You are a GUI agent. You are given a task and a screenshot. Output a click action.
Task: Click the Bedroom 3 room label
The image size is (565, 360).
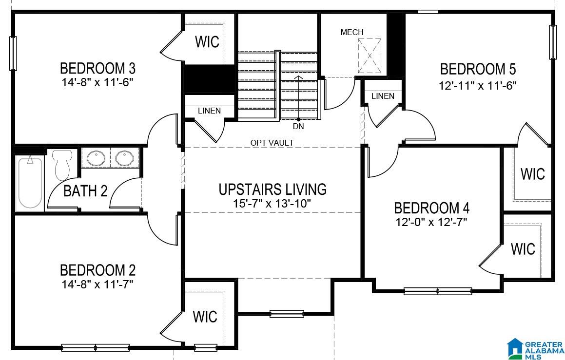[97, 68]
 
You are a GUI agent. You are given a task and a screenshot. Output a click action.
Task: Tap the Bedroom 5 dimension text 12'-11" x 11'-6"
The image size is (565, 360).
[478, 86]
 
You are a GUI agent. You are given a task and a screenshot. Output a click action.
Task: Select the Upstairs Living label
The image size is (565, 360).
[273, 189]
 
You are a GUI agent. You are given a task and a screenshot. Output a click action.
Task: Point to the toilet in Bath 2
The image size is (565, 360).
[62, 165]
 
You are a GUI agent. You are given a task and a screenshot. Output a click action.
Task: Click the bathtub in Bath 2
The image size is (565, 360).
[30, 183]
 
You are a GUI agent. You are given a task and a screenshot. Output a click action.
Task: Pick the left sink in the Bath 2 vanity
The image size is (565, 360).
[96, 158]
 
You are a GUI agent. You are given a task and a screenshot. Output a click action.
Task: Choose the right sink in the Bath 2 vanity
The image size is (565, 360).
[125, 158]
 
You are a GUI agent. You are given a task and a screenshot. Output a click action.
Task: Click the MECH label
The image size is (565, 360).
[352, 33]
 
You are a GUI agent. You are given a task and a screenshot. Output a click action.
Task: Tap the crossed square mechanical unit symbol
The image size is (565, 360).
[370, 56]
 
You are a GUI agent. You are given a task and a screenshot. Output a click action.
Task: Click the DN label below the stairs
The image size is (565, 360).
[298, 126]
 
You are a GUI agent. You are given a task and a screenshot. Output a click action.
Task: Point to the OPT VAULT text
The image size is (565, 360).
[272, 143]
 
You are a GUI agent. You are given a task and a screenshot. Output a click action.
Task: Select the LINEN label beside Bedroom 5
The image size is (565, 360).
[383, 96]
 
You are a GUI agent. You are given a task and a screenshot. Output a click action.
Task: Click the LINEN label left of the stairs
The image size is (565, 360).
[209, 111]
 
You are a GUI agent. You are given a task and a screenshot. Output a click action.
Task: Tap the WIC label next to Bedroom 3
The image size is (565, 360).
[207, 42]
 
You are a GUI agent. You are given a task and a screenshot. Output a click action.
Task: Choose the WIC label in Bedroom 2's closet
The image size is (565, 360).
[205, 317]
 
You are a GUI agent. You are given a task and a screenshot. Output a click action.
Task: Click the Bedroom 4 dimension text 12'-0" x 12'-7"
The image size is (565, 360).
[431, 222]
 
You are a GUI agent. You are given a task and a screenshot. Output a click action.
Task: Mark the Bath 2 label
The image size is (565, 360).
[85, 191]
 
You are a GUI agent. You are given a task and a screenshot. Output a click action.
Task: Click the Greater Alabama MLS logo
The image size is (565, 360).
[535, 348]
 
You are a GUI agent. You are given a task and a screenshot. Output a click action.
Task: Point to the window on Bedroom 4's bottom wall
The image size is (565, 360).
[438, 291]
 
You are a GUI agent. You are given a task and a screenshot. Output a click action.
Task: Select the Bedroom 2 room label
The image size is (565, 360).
[97, 270]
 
